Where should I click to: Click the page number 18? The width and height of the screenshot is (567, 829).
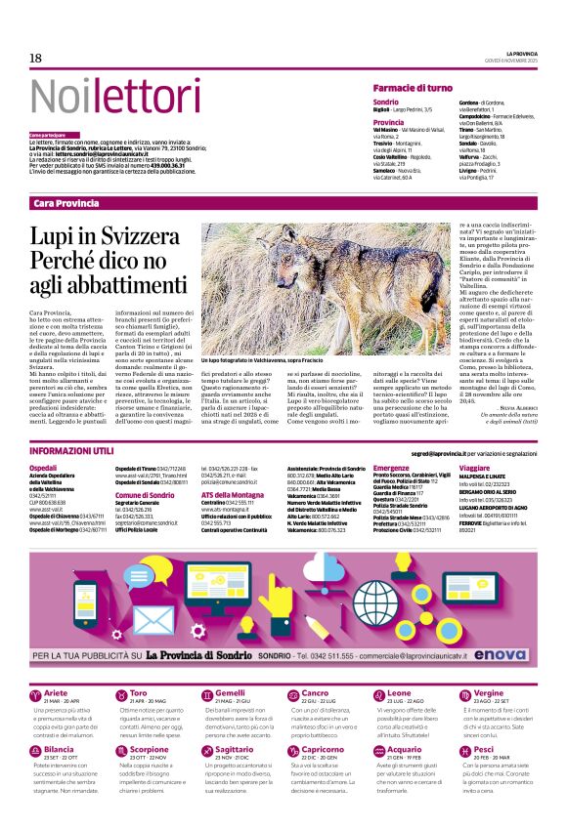35,59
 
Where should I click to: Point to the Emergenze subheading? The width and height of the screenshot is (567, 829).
391,469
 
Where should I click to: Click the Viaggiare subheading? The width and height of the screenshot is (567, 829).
474,469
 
